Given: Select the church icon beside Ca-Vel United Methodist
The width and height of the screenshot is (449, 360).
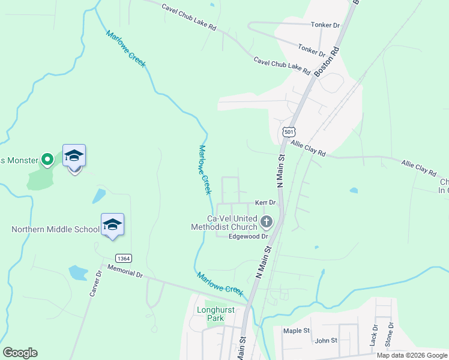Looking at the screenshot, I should point(267,223).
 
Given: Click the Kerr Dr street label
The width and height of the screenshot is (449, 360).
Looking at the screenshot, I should point(265,203).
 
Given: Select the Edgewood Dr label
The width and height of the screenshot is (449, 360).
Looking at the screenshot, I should point(247,236).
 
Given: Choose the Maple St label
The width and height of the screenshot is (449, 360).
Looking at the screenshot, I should point(296,331).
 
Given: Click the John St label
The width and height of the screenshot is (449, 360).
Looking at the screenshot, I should point(326,341).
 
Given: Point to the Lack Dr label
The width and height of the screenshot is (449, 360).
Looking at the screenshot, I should point(375,336).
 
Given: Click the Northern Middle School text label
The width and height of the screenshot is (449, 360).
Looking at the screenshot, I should point(55,229).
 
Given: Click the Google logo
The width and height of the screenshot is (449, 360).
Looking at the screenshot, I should point(20,353).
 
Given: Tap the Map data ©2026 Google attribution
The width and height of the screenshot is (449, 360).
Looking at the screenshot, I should point(412,355).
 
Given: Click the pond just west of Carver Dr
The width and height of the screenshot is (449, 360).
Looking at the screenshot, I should point(78,274).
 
